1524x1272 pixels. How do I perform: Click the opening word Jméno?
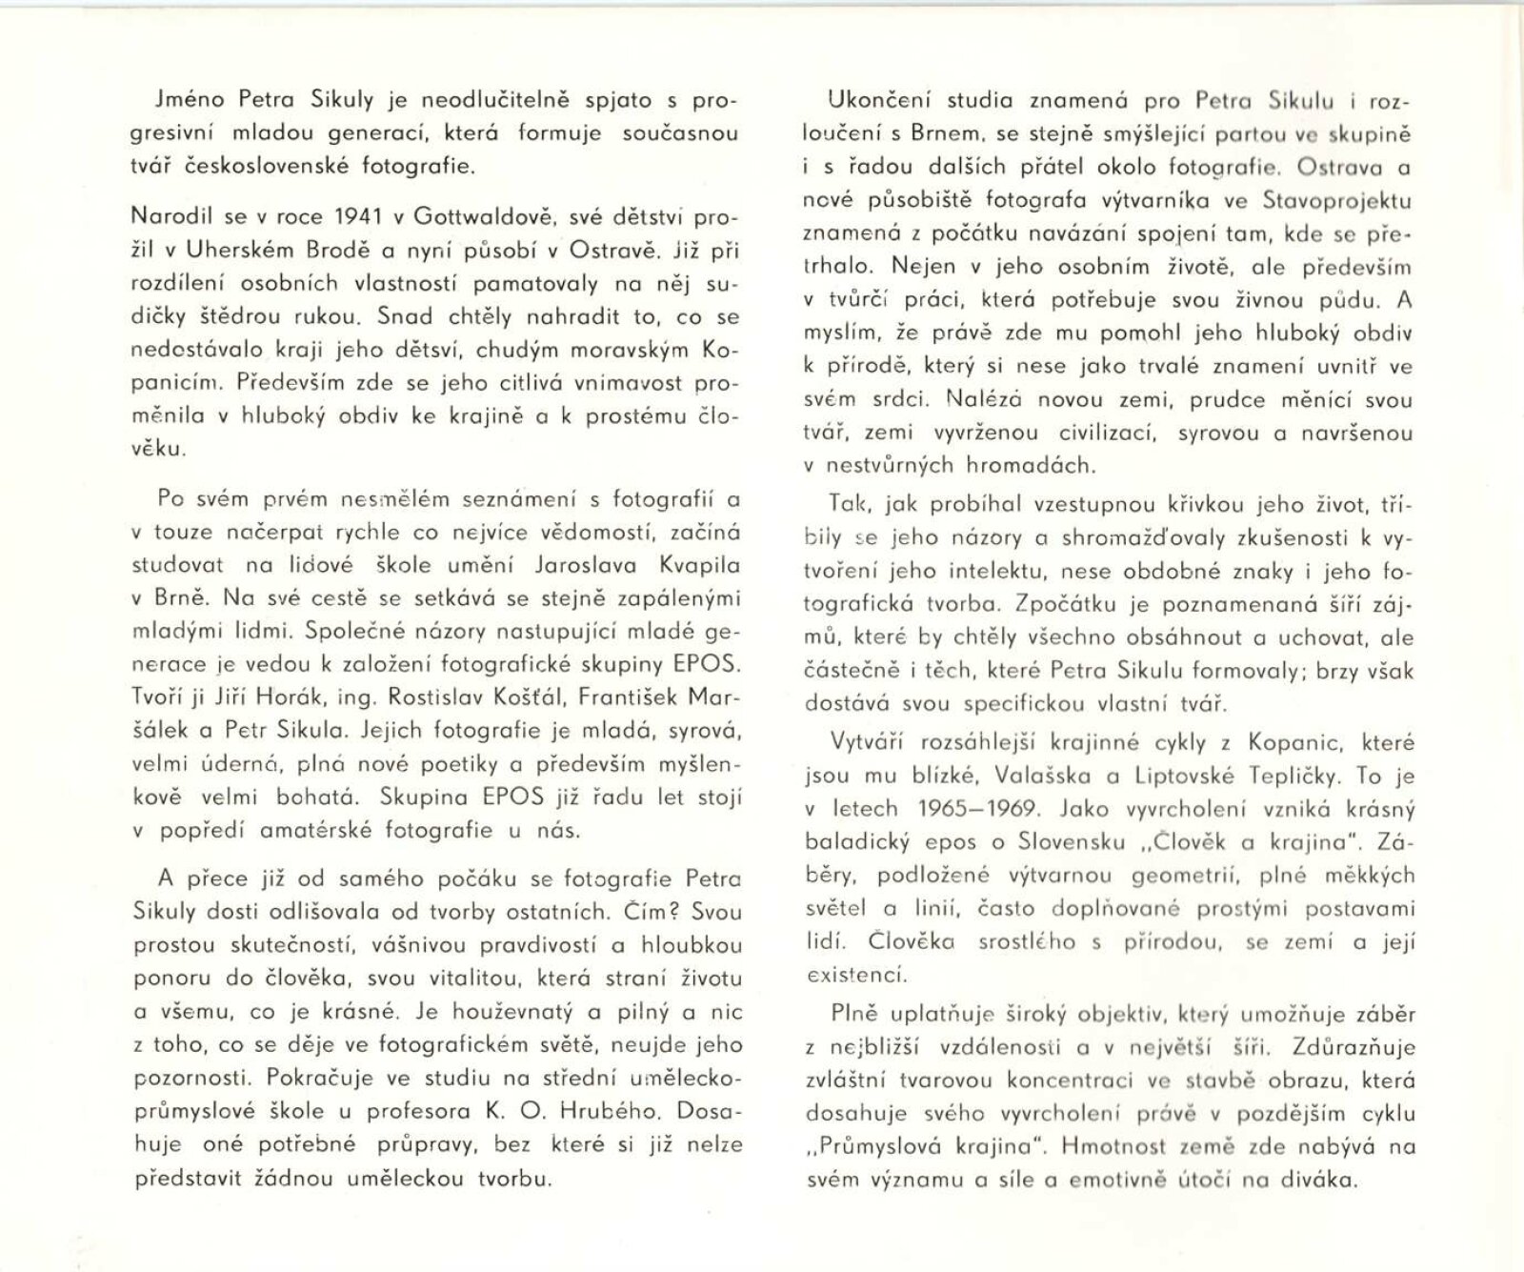(194, 99)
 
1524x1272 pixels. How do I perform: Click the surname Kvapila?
(700, 564)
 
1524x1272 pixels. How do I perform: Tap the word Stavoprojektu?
(1336, 200)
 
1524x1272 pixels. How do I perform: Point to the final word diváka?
(1313, 1180)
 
